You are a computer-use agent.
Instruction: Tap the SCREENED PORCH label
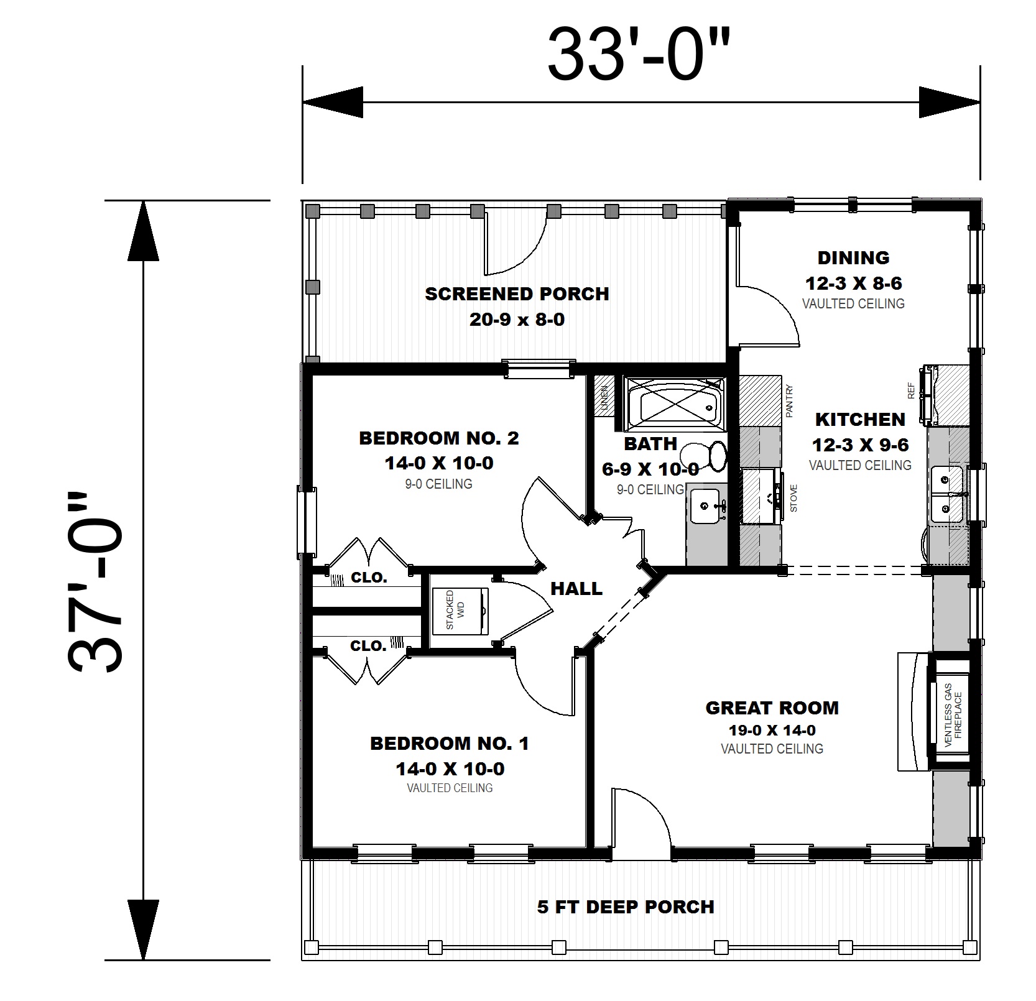517,293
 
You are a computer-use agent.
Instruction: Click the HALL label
576,588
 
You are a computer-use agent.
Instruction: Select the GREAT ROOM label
772,708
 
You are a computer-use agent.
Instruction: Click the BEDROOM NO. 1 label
449,743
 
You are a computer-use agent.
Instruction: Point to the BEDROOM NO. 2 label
439,438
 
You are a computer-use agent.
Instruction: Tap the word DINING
853,257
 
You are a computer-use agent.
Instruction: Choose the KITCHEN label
860,419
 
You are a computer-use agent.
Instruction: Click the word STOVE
793,498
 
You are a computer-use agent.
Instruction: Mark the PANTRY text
790,401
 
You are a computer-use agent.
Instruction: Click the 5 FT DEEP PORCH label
626,907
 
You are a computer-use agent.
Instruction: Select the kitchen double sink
947,494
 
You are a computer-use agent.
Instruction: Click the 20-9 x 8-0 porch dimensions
517,320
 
